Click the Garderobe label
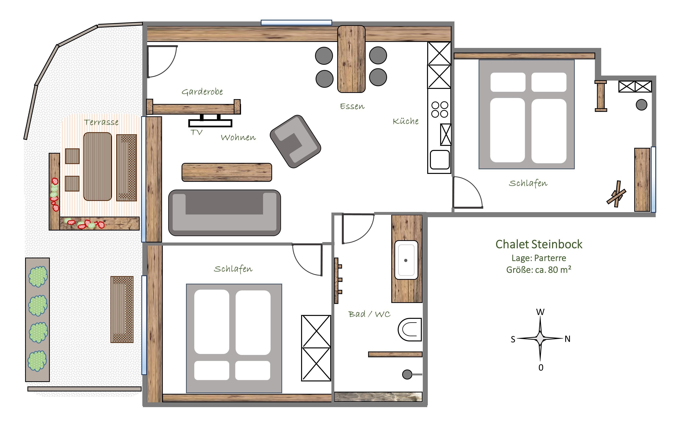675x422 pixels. click(202, 92)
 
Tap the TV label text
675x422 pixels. click(197, 132)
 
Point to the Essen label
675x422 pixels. click(352, 106)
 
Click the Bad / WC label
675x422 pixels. click(369, 314)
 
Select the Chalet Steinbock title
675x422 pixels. click(539, 244)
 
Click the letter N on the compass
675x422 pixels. click(567, 339)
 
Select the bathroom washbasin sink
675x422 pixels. click(406, 260)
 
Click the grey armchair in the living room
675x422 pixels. click(295, 141)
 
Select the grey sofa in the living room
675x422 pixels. click(225, 213)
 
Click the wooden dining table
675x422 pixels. click(351, 59)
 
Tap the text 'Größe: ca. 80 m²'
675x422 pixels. click(539, 270)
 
